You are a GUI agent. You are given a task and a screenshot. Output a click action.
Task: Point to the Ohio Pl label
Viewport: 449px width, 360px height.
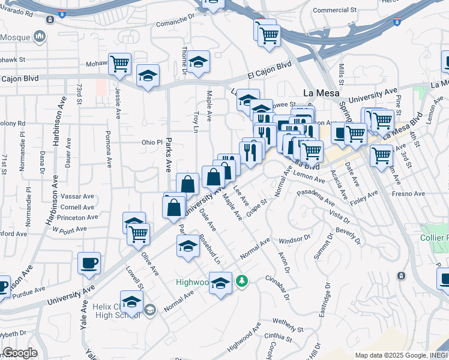coord(152,142)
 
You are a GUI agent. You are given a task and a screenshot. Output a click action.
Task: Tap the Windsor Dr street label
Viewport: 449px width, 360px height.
coord(295,239)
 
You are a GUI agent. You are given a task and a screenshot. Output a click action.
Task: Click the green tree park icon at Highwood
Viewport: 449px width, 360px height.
coord(242,280)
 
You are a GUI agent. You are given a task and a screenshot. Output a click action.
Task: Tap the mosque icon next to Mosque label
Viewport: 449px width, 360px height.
coord(40,37)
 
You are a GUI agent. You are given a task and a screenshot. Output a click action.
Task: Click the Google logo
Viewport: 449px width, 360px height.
coord(20,353)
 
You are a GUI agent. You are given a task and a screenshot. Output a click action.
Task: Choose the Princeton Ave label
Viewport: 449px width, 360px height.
coord(74,217)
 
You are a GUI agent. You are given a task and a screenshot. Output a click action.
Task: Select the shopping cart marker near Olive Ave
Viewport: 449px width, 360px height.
coord(138,233)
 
